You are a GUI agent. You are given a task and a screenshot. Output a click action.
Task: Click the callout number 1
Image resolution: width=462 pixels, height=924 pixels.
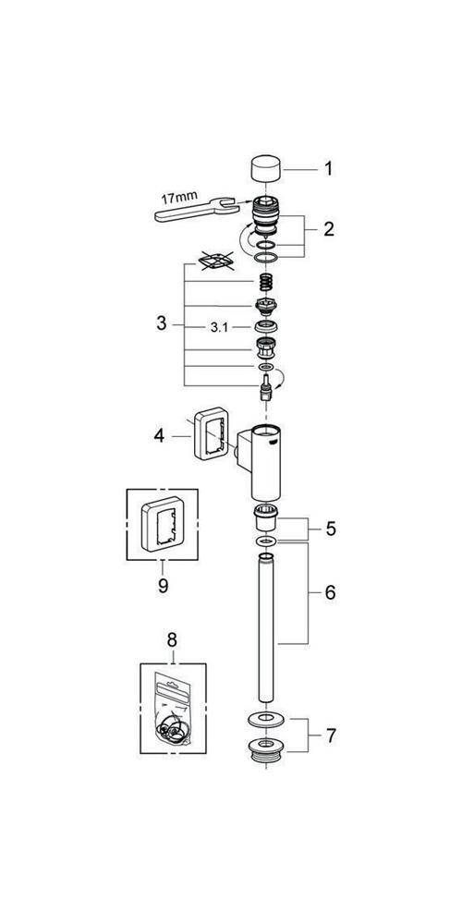coord(328,169)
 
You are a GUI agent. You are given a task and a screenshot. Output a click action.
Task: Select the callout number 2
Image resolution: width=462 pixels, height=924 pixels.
coord(328,228)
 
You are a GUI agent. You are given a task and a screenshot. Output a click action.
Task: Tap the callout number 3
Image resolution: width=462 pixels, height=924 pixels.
coord(162,323)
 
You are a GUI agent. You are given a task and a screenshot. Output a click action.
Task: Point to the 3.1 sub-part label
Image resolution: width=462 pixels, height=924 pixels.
coord(219,329)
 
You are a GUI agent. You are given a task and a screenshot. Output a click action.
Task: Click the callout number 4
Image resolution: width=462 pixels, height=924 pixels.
coord(160,437)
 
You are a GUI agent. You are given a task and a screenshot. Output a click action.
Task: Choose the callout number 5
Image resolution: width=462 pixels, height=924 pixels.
coord(331,529)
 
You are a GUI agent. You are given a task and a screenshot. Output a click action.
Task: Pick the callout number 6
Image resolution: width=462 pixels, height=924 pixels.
coord(330,593)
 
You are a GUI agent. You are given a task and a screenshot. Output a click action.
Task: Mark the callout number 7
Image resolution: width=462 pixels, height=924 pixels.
coord(330,735)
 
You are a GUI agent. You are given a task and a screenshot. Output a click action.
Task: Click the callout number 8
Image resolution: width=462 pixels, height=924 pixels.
coord(172,639)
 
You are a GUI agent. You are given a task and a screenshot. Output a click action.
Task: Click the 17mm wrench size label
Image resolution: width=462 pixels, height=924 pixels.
coord(178,197)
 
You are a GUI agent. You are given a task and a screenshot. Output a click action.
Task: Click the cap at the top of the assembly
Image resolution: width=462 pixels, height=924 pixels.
coord(265,169)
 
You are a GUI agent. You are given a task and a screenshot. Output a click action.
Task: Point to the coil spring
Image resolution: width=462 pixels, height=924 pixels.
coord(266,283)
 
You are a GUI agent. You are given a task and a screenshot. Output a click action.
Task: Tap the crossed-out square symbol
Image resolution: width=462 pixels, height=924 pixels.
coord(214,261)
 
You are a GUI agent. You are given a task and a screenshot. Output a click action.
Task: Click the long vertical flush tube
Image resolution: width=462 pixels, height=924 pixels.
coord(266,627)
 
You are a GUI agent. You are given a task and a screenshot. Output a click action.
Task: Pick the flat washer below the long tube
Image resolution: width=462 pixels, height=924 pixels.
coord(266,719)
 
